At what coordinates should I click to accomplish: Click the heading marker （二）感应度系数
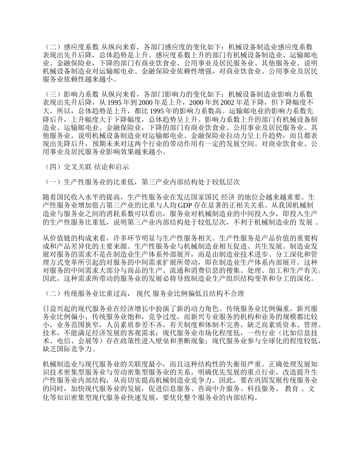click(x=71, y=47)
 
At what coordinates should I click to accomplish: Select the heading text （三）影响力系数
click(x=71, y=94)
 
